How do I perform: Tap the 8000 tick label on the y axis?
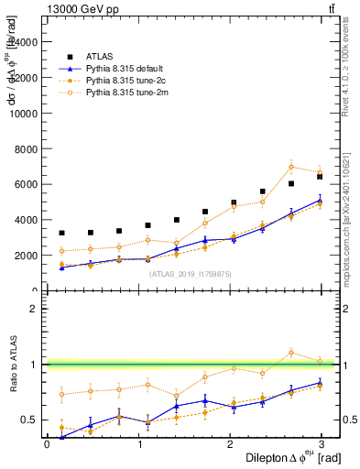(x=25, y=148)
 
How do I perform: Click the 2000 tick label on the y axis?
(x=25, y=256)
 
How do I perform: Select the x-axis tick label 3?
(x=321, y=444)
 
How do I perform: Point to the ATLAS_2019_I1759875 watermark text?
(x=185, y=273)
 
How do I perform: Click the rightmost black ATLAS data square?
(x=320, y=177)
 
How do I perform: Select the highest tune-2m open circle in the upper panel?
(x=291, y=167)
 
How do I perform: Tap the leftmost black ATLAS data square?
(x=61, y=233)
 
